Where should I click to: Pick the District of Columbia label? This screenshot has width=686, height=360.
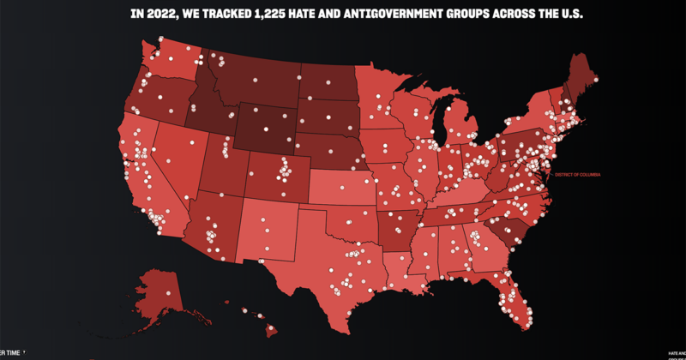coord(578,175)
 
